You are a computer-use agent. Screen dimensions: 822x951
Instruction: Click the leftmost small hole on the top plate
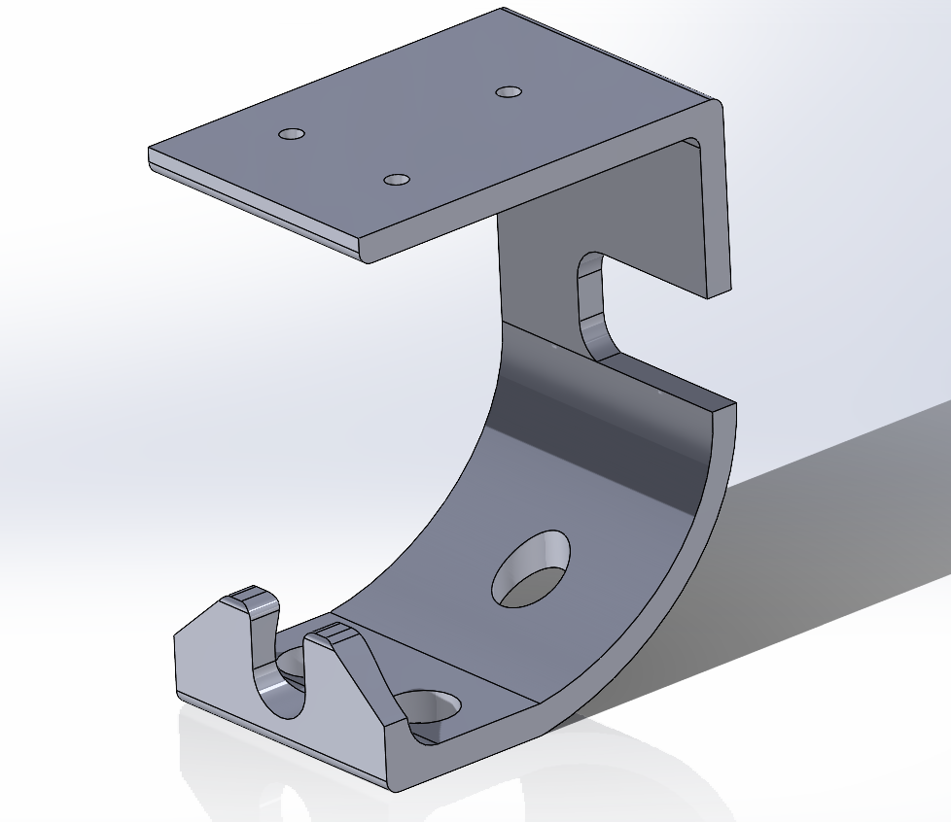[292, 133]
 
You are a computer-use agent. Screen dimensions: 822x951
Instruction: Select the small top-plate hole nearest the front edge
[397, 180]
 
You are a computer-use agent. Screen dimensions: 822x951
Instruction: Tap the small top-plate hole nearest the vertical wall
[509, 92]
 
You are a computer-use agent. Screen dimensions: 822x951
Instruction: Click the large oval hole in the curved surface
[531, 569]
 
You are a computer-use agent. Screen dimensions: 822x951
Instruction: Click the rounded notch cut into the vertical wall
[594, 301]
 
